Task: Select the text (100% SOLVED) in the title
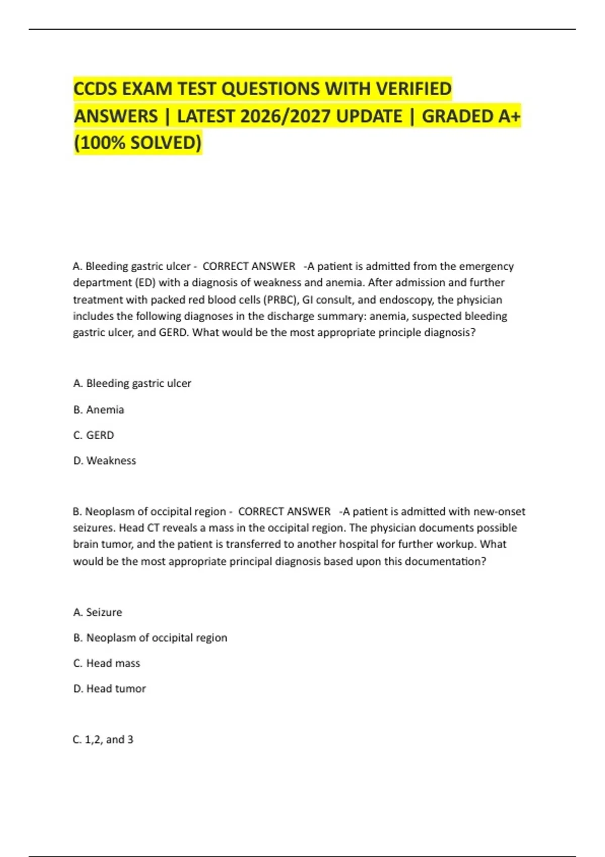(138, 143)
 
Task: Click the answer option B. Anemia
(98, 410)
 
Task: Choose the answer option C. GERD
(93, 435)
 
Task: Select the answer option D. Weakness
(104, 461)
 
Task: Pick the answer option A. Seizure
(97, 613)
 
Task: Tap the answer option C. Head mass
(106, 663)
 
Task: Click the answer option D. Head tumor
(109, 689)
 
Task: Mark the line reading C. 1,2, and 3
(103, 740)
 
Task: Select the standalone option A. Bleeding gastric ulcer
(132, 384)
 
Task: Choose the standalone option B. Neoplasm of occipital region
(150, 638)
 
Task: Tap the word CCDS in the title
(95, 89)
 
